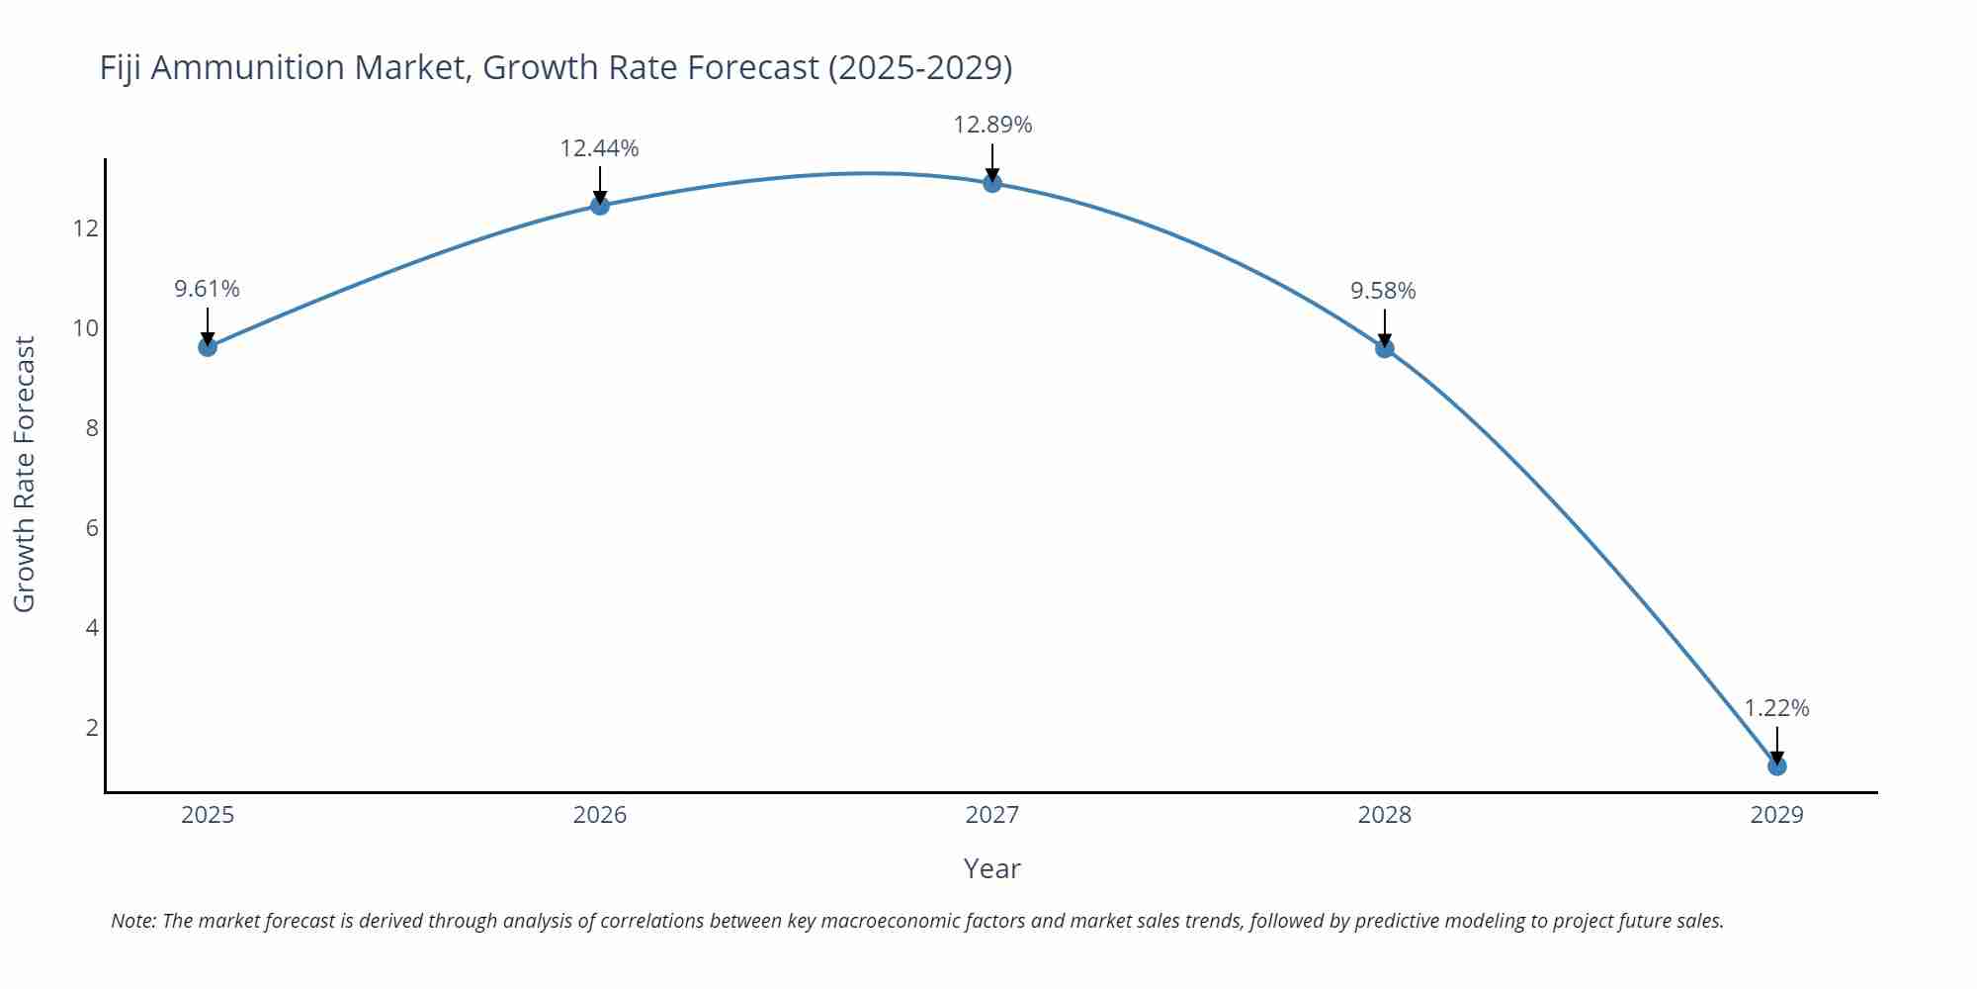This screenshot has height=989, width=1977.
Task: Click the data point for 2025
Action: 208,346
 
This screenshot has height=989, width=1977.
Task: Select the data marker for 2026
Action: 600,205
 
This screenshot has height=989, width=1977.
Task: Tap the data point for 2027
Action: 992,183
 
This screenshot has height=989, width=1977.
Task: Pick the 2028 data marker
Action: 1385,348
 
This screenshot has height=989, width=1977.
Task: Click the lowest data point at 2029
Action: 1777,765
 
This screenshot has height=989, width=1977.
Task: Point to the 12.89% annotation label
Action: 992,125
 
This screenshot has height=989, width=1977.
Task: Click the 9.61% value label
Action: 208,289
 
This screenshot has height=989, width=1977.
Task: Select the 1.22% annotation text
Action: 1776,708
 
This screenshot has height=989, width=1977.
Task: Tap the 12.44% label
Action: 600,148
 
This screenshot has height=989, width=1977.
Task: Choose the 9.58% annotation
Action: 1384,291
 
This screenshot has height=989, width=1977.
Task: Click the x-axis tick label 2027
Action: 992,815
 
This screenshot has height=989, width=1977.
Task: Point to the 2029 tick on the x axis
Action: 1777,815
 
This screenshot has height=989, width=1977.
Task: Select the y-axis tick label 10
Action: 86,328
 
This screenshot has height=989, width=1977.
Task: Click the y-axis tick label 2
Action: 93,728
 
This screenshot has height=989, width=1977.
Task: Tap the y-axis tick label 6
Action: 93,528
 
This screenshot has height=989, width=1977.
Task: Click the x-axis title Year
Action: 991,868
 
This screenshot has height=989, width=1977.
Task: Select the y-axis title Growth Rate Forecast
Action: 25,474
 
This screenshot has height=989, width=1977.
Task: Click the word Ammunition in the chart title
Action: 261,67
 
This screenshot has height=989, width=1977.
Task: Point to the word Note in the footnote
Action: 132,921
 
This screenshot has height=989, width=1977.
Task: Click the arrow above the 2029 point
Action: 1777,744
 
